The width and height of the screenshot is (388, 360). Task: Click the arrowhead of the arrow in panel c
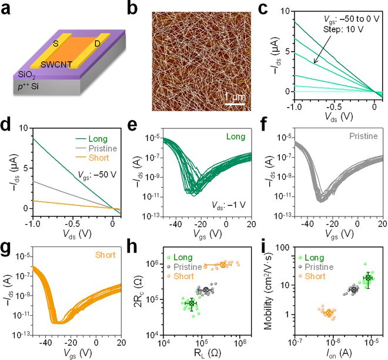(x=315, y=61)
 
